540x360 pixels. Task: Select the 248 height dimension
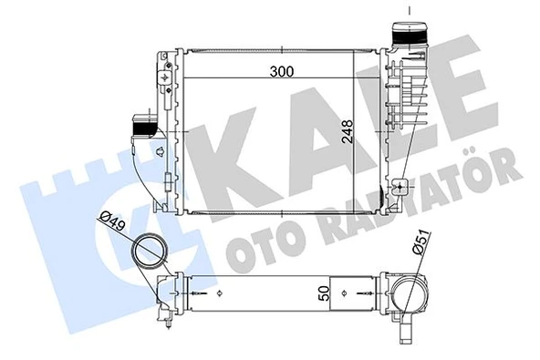345,137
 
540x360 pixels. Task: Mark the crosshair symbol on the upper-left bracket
164,78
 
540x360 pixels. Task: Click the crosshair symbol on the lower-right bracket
401,188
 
